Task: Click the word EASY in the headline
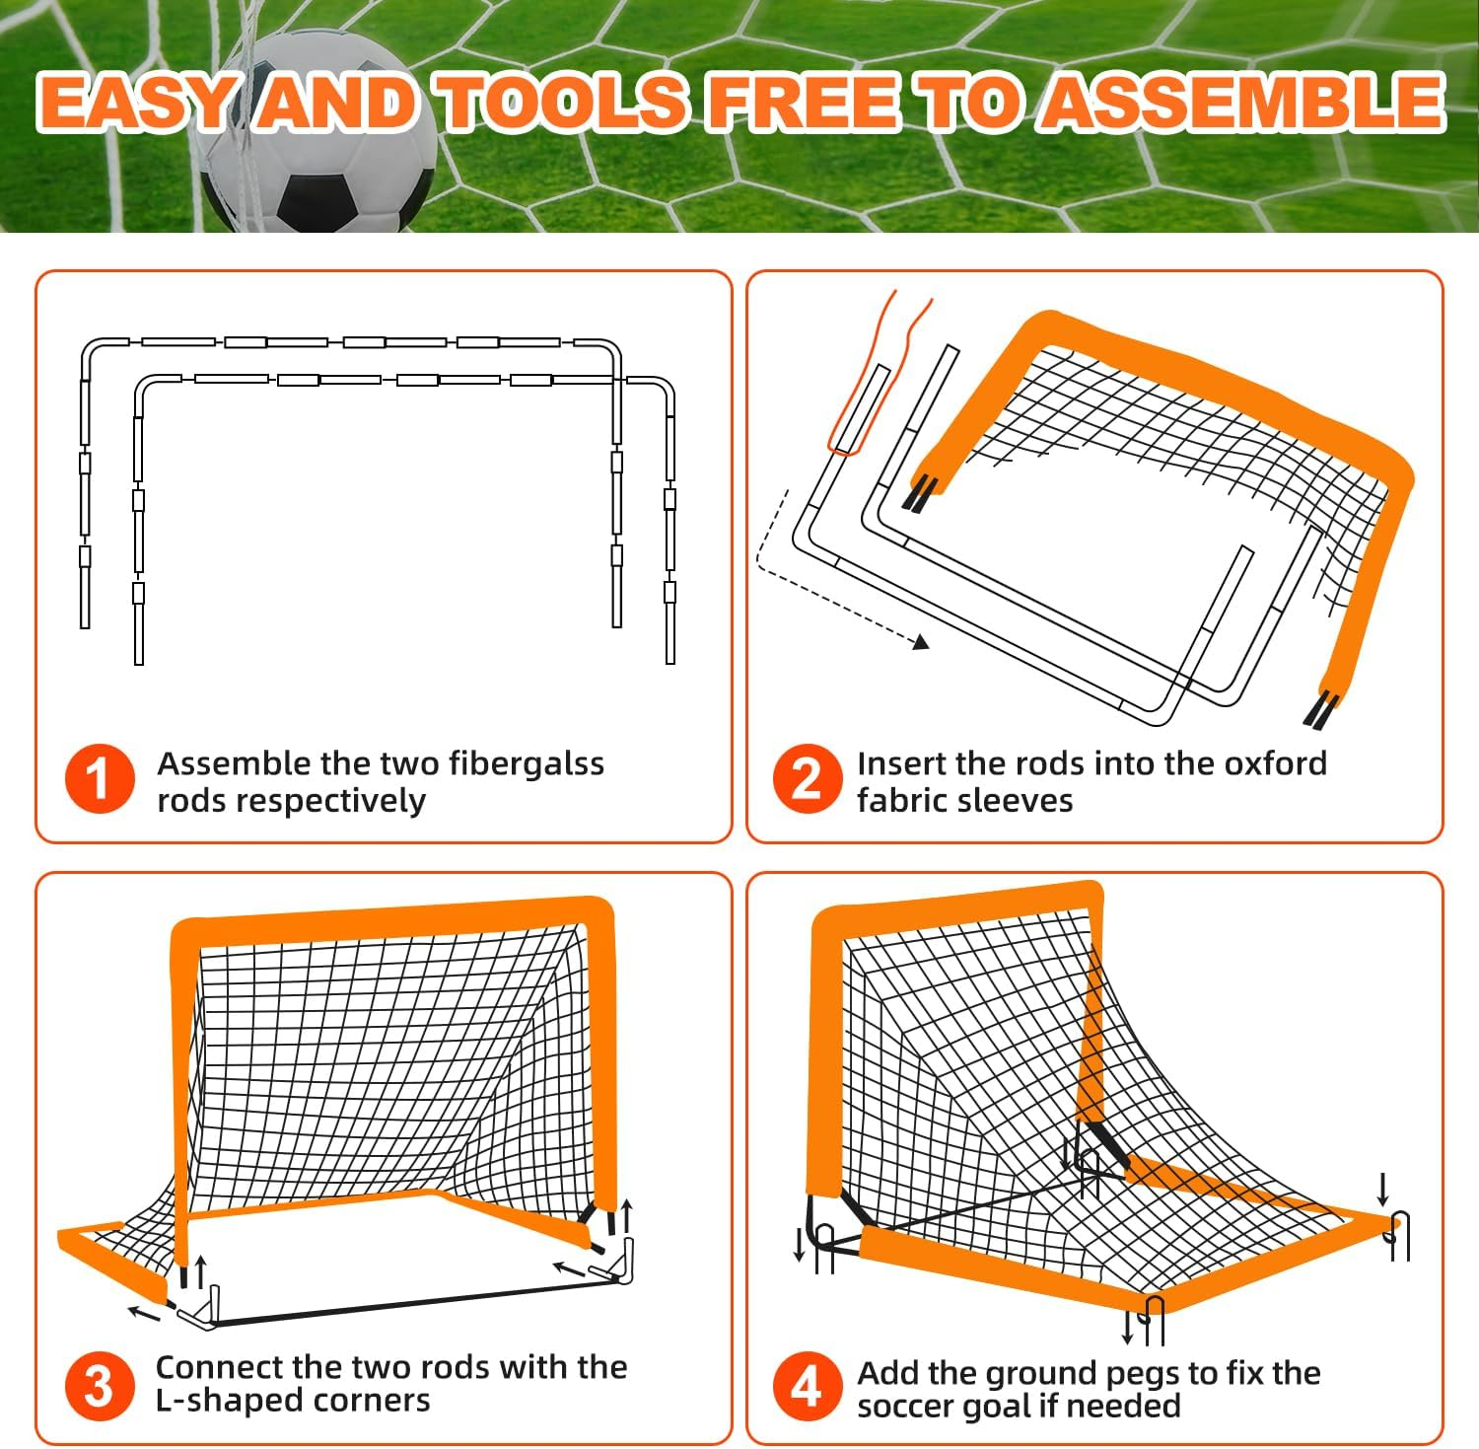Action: [138, 103]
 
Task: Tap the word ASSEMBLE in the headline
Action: [1244, 103]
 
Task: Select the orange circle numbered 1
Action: [100, 779]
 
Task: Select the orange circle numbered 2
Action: [807, 779]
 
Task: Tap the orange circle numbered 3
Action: [100, 1385]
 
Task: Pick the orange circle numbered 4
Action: [807, 1385]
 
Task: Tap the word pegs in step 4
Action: [1143, 1374]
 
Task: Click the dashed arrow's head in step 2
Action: [921, 642]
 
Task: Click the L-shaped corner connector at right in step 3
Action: [617, 1263]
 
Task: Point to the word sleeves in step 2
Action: [1025, 801]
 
